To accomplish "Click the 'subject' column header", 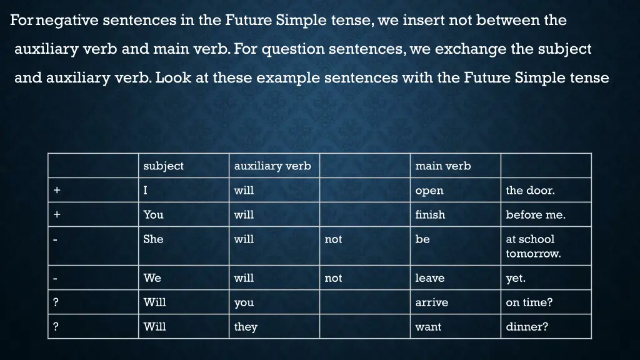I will [x=163, y=166].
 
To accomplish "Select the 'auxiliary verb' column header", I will [x=272, y=166].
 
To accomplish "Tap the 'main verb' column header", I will [x=442, y=166].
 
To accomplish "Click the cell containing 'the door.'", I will [x=530, y=191].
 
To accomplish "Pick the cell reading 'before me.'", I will [x=535, y=215].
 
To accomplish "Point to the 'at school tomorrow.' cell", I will [x=533, y=246].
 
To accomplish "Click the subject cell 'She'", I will [x=153, y=239].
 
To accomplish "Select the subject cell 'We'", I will [x=152, y=278].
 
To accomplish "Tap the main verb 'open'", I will [x=429, y=191].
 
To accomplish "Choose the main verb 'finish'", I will [x=430, y=215].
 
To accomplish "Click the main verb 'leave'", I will [x=429, y=278].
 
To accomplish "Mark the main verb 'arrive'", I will [x=431, y=302].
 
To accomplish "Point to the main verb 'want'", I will [x=428, y=327].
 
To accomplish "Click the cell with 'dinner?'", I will [x=526, y=327].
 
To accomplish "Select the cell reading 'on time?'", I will [x=529, y=302].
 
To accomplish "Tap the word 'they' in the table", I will [x=246, y=327].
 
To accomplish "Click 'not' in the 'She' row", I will [x=333, y=239].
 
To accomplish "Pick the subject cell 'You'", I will [x=153, y=215].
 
